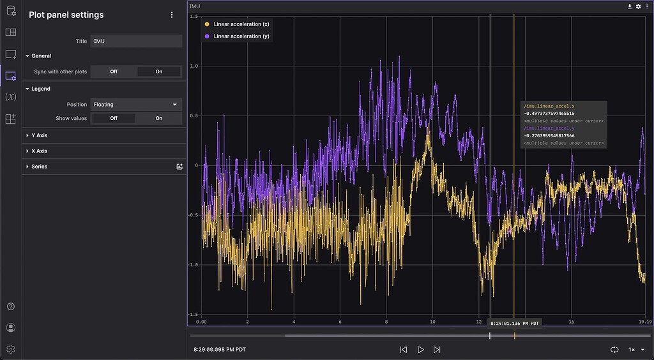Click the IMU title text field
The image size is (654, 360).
[x=136, y=41]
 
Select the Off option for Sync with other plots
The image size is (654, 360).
[x=114, y=71]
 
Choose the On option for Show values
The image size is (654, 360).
[x=159, y=118]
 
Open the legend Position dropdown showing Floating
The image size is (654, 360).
[x=136, y=104]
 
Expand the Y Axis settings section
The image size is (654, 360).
[x=40, y=135]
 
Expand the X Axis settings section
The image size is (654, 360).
[x=40, y=151]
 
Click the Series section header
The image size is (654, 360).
[x=40, y=167]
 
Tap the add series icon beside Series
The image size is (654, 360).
[x=179, y=167]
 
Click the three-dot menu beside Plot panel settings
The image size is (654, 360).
[x=172, y=15]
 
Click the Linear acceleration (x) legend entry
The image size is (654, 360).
[x=237, y=24]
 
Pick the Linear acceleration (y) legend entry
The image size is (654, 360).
[x=237, y=36]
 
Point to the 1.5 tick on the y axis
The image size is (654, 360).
[x=194, y=17]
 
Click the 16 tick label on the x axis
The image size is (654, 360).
[x=571, y=322]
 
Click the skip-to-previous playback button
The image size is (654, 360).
[x=404, y=350]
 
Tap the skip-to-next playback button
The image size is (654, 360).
[x=437, y=350]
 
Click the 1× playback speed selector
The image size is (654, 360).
[x=634, y=350]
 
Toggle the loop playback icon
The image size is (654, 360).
[x=614, y=350]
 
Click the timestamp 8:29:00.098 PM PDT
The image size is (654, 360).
[x=219, y=350]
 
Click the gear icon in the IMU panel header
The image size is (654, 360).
[x=638, y=6]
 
